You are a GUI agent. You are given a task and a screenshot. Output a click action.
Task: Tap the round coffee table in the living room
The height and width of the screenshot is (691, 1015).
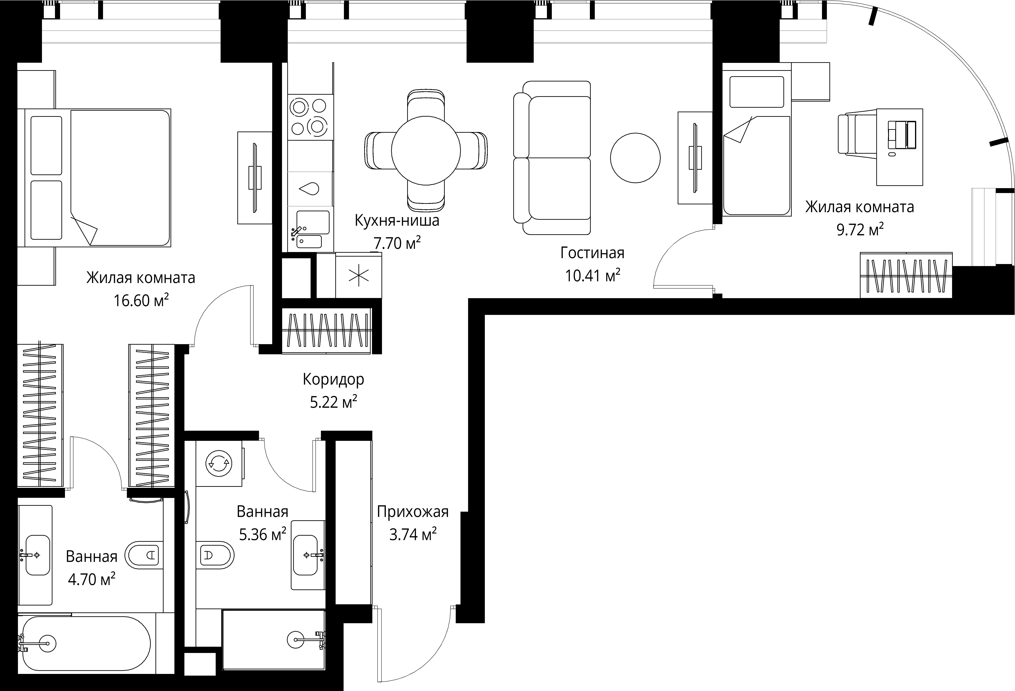pyautogui.click(x=635, y=158)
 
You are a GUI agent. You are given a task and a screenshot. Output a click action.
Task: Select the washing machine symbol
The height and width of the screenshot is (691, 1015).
pyautogui.click(x=219, y=463)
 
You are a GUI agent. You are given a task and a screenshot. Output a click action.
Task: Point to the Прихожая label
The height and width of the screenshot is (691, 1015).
pyautogui.click(x=413, y=512)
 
